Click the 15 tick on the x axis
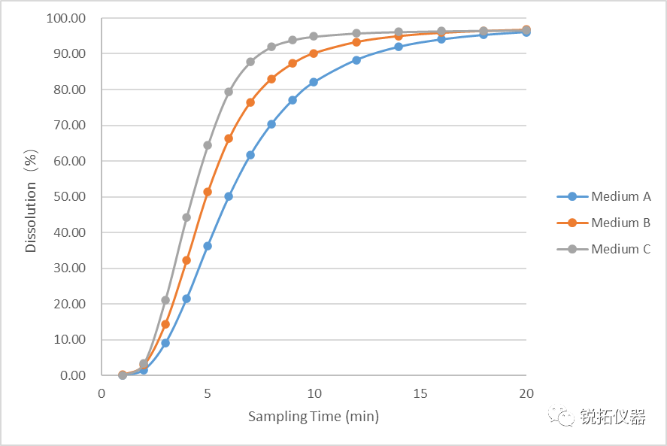click(x=420, y=393)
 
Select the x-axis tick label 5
click(x=208, y=393)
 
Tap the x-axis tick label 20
click(x=526, y=393)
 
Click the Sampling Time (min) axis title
click(x=314, y=417)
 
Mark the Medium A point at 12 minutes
click(x=356, y=60)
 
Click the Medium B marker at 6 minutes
click(x=229, y=138)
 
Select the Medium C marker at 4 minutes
click(x=186, y=217)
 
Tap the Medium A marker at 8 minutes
click(x=271, y=124)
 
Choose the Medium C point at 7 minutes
click(x=250, y=62)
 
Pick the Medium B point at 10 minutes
click(x=314, y=53)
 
